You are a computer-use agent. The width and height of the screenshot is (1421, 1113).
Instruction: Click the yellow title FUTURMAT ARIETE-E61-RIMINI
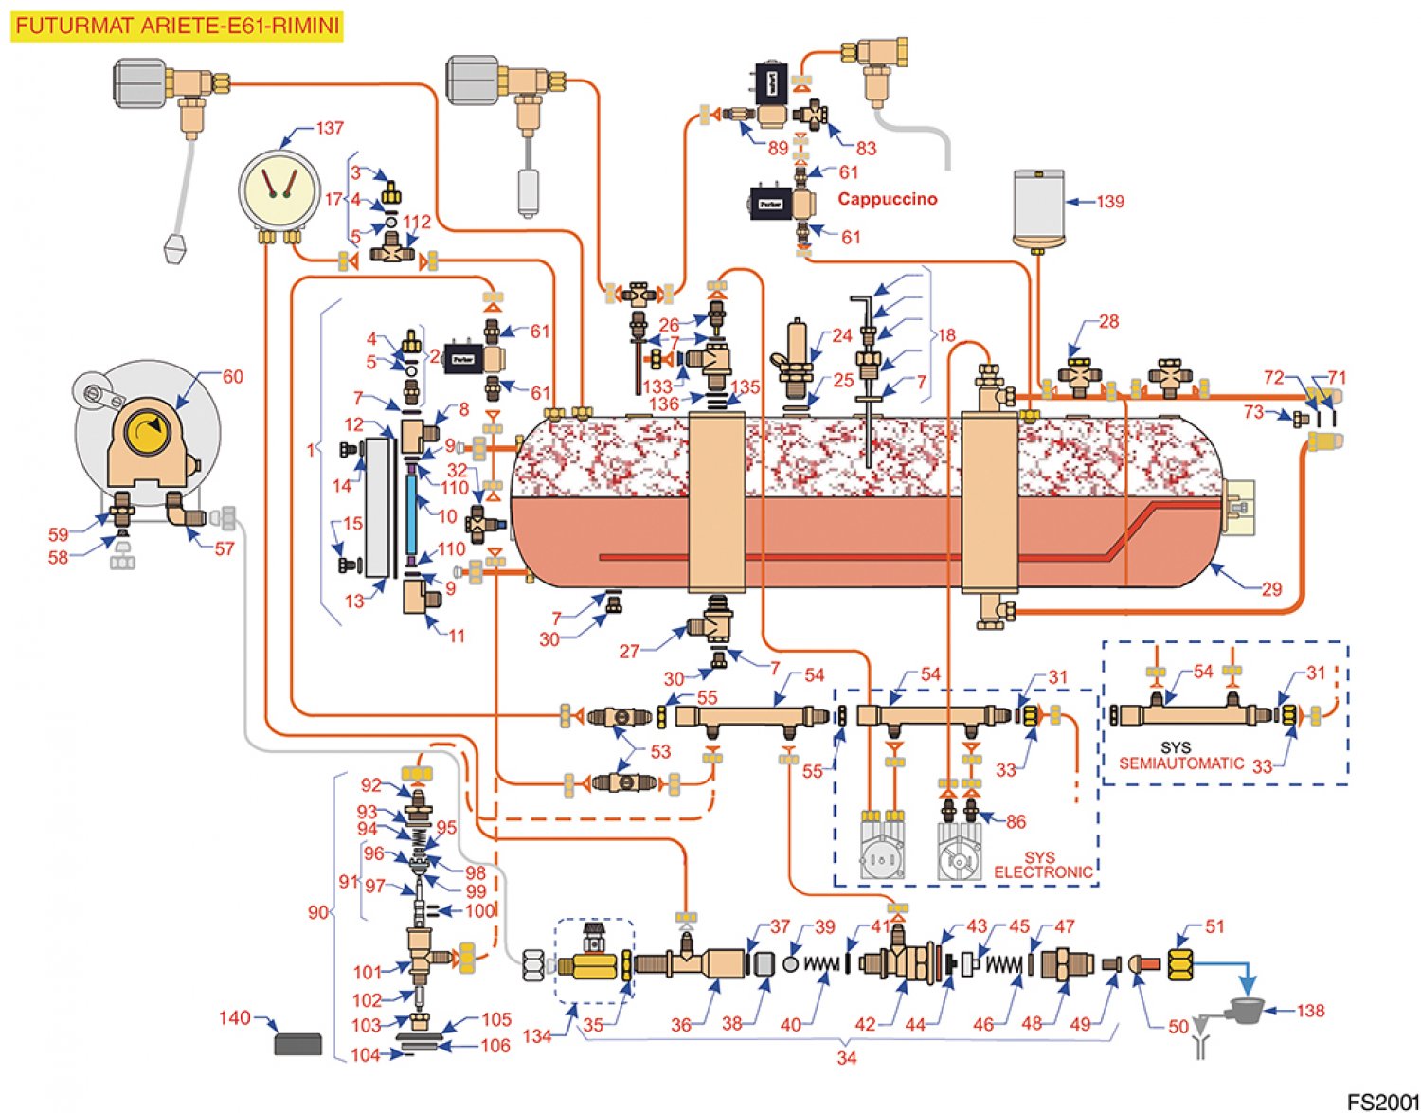(x=177, y=26)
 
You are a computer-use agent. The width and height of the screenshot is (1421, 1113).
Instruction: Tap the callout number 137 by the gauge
(x=329, y=128)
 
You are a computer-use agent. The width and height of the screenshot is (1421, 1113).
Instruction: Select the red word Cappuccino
(x=888, y=199)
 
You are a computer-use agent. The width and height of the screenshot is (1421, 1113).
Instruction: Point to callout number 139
(x=1109, y=202)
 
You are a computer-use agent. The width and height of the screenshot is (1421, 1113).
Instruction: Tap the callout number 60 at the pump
(x=232, y=376)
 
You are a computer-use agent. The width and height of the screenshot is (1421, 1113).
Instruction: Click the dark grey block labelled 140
(x=297, y=1044)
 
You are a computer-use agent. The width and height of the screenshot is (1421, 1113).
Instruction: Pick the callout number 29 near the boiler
(x=1271, y=589)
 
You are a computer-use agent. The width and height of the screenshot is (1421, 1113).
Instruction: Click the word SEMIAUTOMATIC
(x=1181, y=763)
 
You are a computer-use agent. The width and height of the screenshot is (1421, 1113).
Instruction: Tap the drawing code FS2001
(x=1383, y=1102)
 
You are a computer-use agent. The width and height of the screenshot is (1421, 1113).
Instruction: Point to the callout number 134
(x=536, y=1035)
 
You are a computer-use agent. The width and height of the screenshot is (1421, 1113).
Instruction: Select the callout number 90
(x=318, y=912)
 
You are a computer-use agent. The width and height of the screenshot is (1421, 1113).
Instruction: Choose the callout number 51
(x=1214, y=926)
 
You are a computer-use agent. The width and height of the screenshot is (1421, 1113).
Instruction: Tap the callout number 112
(x=417, y=222)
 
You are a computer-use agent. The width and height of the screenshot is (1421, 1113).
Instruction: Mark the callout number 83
(x=866, y=148)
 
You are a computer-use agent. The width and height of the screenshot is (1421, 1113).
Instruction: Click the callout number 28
(x=1108, y=322)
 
